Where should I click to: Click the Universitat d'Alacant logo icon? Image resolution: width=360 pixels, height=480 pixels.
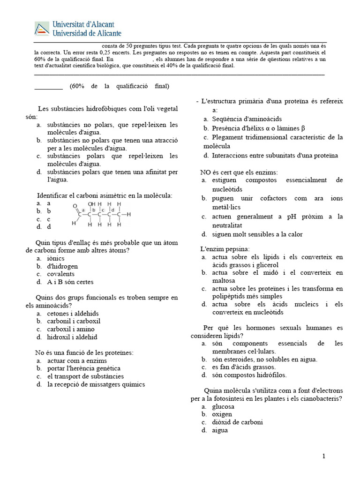pos(42,29)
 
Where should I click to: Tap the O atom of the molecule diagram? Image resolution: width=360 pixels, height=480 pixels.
pos(75,206)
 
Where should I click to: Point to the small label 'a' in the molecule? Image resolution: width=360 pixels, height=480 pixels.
pos(83,210)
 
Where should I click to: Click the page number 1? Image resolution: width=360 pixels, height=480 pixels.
pos(323,456)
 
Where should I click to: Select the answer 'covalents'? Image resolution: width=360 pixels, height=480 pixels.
pos(61,274)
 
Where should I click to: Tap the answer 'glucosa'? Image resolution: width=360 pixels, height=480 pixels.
pos(223,406)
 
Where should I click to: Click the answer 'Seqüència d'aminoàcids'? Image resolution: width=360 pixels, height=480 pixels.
pos(247,119)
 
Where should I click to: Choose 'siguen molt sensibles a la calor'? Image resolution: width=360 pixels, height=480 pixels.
pos(257,234)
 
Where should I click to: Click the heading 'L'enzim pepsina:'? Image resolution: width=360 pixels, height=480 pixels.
pos(225,248)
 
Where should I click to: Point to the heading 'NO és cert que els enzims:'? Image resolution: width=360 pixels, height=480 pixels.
pos(239,172)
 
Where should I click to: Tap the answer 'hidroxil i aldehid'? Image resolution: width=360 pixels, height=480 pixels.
pos(72,337)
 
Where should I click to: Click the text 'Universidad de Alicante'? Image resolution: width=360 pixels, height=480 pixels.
pos(88,33)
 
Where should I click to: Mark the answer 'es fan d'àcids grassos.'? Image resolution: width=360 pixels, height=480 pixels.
pos(244,367)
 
